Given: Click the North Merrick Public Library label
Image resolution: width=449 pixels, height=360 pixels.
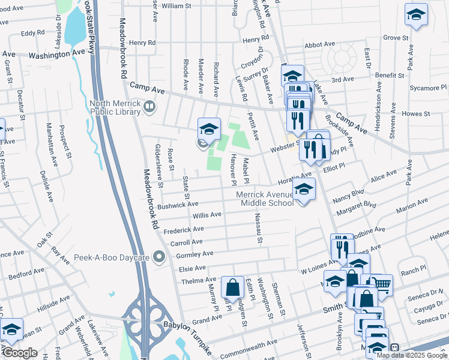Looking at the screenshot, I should (x=115, y=107).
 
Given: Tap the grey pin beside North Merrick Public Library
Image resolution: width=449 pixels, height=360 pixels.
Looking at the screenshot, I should (x=149, y=107).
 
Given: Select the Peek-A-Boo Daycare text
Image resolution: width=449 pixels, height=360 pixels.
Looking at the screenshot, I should (x=110, y=257).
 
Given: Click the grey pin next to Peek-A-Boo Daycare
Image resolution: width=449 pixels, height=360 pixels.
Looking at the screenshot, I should (x=159, y=257).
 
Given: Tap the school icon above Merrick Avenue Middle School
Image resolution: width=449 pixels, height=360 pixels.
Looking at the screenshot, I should (x=304, y=190).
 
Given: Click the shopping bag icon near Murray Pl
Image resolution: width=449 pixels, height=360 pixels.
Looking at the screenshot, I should (x=232, y=288).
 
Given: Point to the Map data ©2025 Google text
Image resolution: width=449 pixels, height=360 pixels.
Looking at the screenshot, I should (x=412, y=355).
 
